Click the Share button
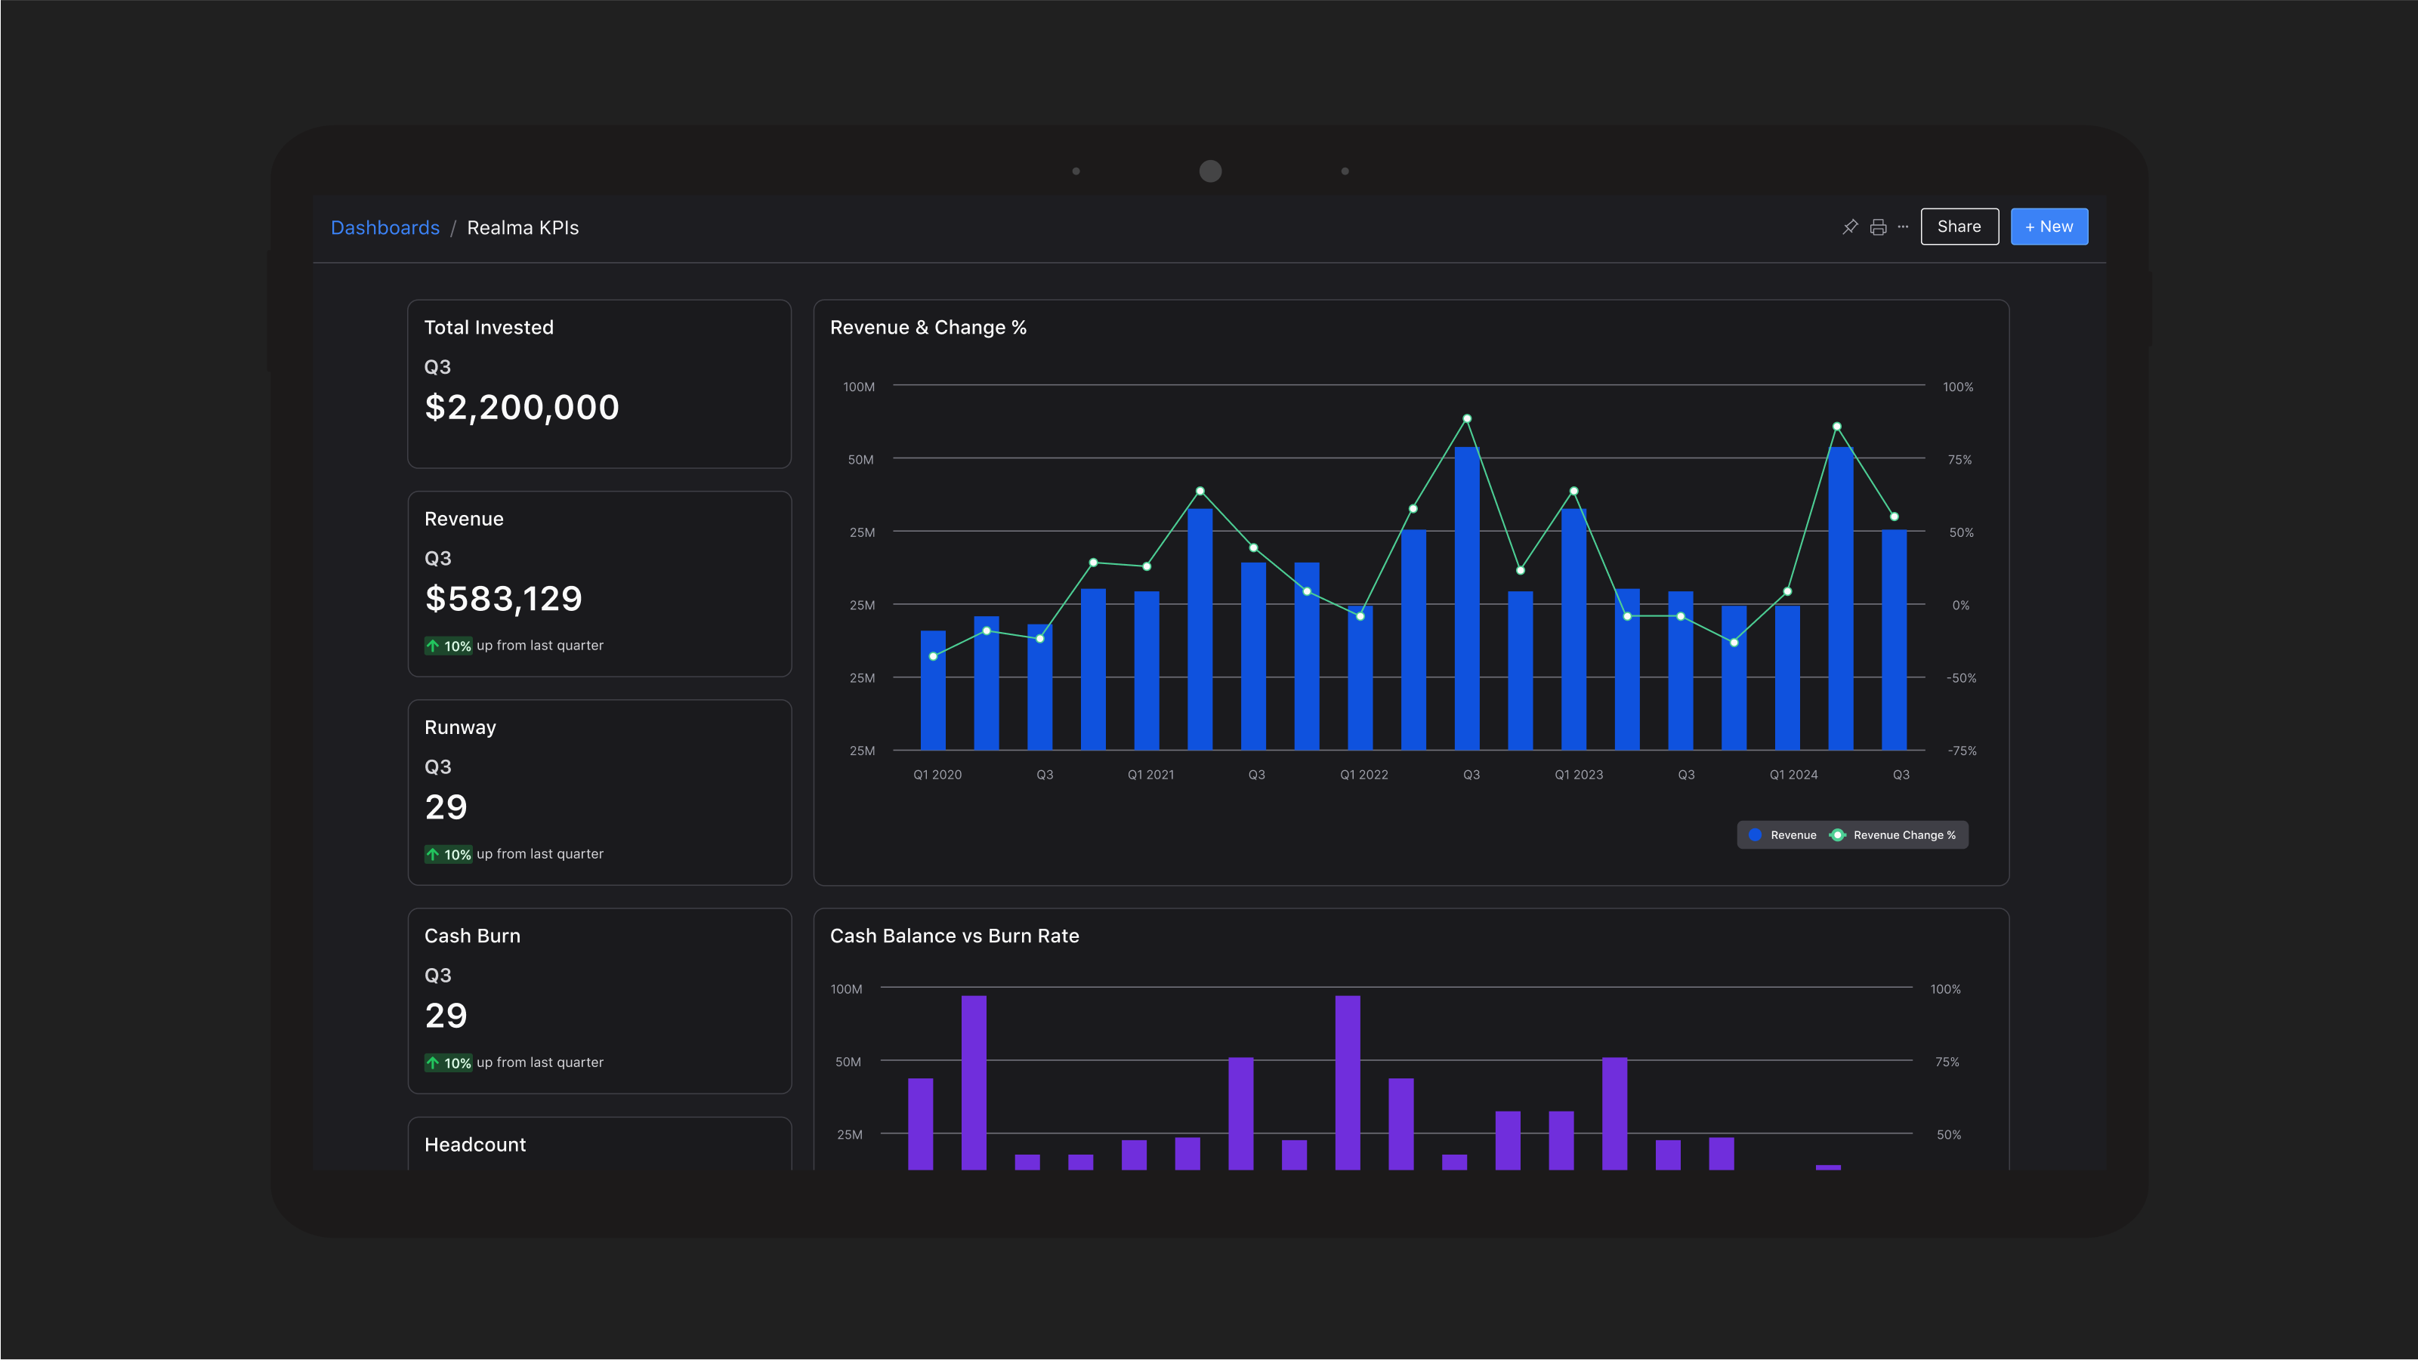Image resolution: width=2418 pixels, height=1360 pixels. (1959, 227)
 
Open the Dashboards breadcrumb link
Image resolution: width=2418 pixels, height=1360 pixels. (384, 228)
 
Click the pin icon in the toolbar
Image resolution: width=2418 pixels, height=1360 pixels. (1850, 227)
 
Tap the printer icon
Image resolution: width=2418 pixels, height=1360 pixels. (1878, 227)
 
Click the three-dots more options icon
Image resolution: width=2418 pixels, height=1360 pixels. (1903, 227)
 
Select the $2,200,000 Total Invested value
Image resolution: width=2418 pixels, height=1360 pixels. (522, 407)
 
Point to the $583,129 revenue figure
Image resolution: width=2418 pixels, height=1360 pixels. (504, 599)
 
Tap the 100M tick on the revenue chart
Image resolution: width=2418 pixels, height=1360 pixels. (859, 387)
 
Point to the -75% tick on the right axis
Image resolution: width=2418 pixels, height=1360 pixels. (1961, 751)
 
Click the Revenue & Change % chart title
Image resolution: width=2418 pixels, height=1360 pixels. (928, 328)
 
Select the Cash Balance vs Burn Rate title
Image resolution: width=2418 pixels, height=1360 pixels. (955, 936)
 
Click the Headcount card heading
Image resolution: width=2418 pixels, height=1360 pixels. (475, 1144)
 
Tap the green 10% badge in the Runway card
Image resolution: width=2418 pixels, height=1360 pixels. (449, 854)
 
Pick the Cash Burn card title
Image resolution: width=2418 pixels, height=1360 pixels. (472, 936)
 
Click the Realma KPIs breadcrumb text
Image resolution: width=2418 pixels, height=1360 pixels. (523, 228)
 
